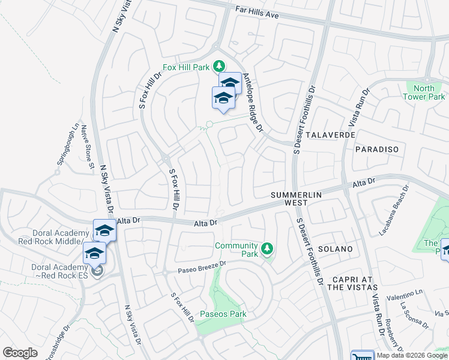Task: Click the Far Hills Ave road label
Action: click(258, 13)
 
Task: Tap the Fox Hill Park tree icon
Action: click(220, 65)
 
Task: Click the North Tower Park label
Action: click(424, 92)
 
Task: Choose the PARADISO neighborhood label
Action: click(376, 148)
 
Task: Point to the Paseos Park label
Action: click(223, 314)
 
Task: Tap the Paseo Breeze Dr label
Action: click(202, 267)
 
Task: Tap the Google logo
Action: click(20, 353)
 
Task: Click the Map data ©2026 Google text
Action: click(412, 355)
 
